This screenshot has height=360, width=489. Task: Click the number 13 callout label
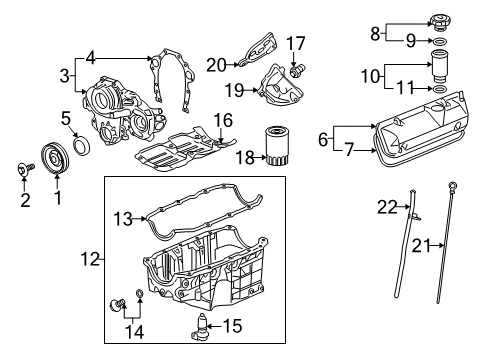(x=123, y=218)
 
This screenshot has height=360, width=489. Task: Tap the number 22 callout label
(x=383, y=207)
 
